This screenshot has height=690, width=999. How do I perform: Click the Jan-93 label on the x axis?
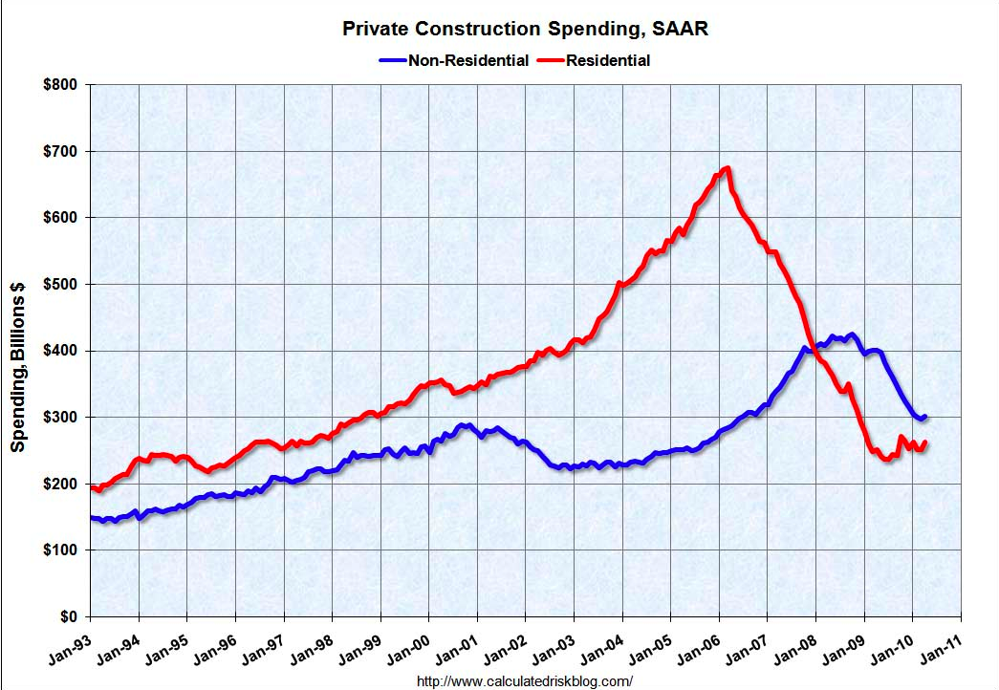coord(70,650)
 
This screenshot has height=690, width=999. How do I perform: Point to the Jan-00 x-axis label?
coord(409,650)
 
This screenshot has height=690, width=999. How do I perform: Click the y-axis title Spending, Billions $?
coord(18,367)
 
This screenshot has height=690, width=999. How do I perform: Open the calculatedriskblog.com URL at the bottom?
coord(526,680)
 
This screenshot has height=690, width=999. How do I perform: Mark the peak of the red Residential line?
coord(728,169)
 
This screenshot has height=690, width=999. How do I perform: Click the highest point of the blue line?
coord(851,334)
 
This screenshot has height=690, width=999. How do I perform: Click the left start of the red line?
coord(92,487)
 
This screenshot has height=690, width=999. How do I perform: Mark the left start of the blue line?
coord(92,517)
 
